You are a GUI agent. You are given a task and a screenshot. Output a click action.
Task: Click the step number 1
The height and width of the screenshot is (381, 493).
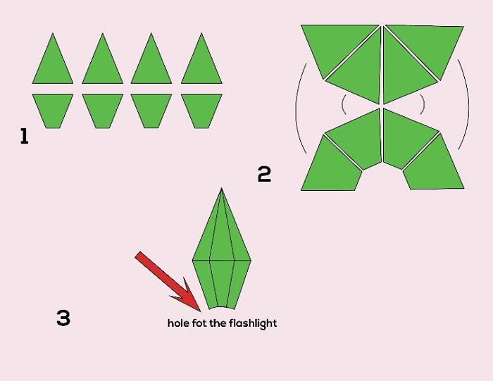(x=24, y=136)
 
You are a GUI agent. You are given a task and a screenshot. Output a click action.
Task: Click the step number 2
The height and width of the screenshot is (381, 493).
(x=264, y=174)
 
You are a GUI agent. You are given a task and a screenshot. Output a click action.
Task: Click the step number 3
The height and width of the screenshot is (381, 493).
(x=63, y=318)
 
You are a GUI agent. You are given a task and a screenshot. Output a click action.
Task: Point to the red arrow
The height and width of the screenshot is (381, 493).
(x=168, y=282)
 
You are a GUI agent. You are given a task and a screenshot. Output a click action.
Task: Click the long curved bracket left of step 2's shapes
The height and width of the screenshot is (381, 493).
(x=296, y=108)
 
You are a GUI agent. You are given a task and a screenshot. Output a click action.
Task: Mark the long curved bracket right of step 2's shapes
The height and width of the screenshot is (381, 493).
(x=468, y=104)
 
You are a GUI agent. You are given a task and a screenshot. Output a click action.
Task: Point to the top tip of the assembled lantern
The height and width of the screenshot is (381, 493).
(x=222, y=188)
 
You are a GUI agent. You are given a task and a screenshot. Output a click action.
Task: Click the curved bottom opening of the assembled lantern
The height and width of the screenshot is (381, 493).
(x=221, y=306)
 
